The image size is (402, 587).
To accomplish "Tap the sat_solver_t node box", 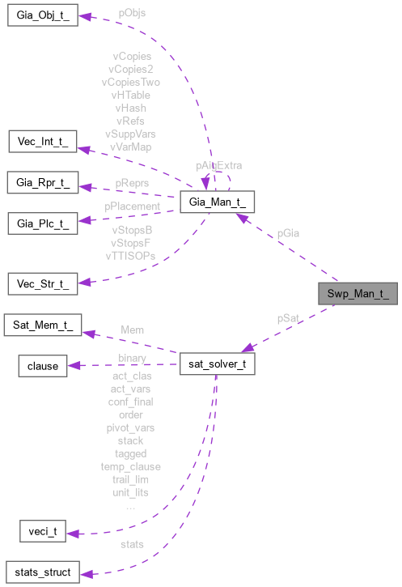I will coord(218,365).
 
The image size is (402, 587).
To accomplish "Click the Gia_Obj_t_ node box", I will coord(42,17).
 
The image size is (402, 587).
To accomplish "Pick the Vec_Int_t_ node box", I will coord(42,142).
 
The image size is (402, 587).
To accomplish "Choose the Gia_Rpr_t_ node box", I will coord(43,183).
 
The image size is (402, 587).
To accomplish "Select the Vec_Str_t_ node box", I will coord(42,283).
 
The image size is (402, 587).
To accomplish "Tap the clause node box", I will coord(43,366).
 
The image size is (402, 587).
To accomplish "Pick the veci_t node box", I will coord(42,532).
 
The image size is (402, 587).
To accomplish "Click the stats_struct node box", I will coord(42,572).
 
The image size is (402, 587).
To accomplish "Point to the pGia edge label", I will coord(288,233).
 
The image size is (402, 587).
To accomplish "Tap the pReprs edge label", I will coord(131,184).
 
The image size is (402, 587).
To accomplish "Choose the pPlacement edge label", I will coord(132,206).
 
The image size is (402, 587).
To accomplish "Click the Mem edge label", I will coord(132,330).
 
